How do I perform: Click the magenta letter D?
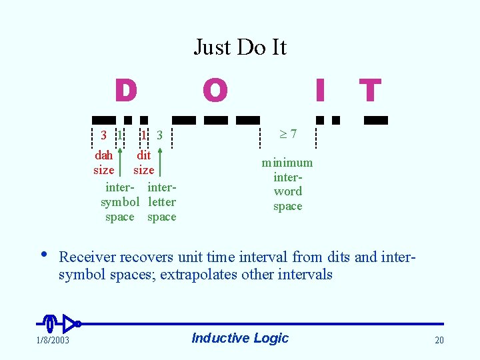125,91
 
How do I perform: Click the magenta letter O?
215,91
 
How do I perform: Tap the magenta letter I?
320,91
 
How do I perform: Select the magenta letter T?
370,91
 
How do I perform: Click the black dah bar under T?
376,121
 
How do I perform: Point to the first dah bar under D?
104,121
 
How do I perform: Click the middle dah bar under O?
215,121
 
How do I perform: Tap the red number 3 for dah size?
103,135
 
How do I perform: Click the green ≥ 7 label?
287,135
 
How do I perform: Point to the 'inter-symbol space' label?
120,202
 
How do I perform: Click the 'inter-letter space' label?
162,202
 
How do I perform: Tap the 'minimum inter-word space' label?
287,184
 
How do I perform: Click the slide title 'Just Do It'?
240,47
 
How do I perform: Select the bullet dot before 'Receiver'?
43,254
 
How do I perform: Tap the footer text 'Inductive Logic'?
240,338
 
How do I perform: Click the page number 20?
439,341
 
